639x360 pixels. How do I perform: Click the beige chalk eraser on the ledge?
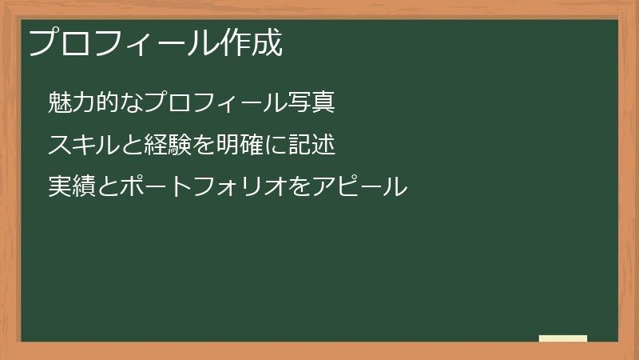[563, 338]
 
